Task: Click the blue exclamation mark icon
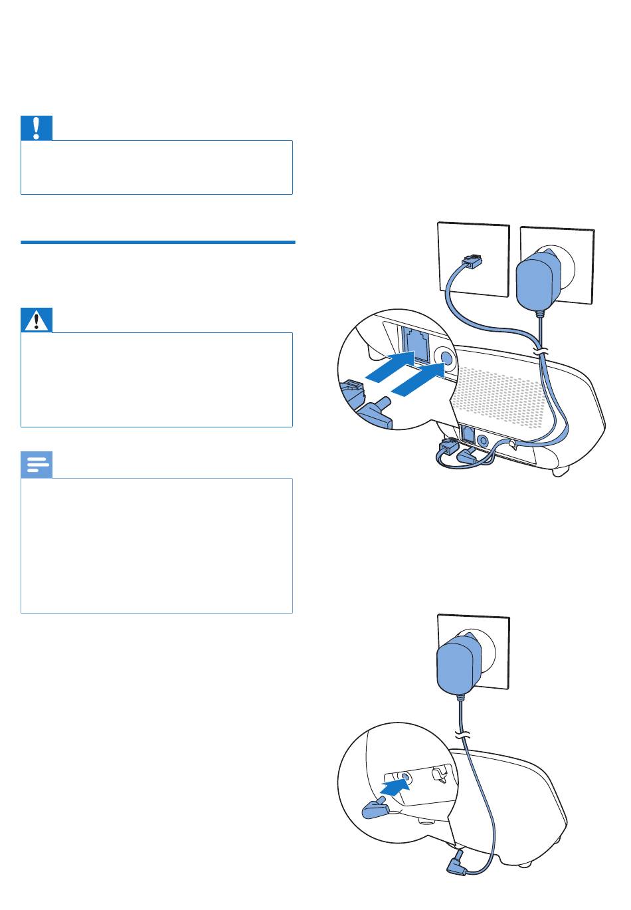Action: tap(37, 128)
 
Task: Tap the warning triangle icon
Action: tap(37, 321)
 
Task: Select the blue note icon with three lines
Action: tap(37, 465)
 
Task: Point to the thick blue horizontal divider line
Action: tap(157, 243)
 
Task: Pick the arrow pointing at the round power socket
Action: tap(416, 385)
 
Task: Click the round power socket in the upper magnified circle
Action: tap(446, 358)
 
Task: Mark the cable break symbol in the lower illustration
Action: tap(461, 735)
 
